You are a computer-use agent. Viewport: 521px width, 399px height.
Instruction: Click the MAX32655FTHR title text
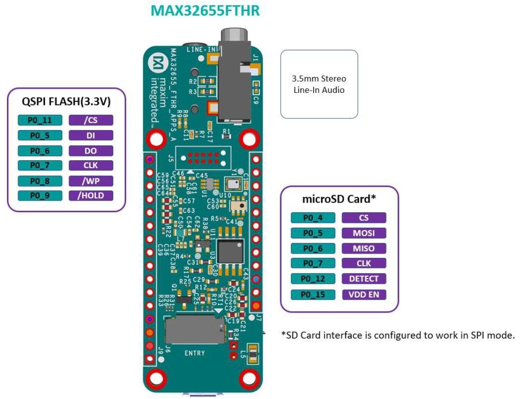pyautogui.click(x=205, y=11)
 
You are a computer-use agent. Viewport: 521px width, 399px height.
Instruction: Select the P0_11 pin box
pyautogui.click(x=40, y=120)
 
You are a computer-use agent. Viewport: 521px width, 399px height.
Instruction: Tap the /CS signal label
pyautogui.click(x=91, y=120)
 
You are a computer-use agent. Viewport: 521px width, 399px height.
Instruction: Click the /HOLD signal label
pyautogui.click(x=91, y=196)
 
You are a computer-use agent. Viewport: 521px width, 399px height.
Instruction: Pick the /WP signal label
pyautogui.click(x=91, y=181)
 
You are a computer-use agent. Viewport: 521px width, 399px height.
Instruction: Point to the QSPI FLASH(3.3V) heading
pyautogui.click(x=66, y=102)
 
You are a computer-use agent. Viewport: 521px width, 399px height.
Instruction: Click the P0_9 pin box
pyautogui.click(x=40, y=196)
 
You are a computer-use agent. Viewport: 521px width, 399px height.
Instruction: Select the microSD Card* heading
pyautogui.click(x=339, y=199)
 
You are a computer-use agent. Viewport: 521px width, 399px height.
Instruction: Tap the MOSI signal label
pyautogui.click(x=364, y=233)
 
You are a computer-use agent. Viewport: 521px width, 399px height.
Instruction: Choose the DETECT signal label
pyautogui.click(x=364, y=279)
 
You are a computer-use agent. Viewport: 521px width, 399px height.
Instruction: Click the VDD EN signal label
pyautogui.click(x=364, y=294)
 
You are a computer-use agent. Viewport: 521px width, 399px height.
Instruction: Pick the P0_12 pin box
pyautogui.click(x=313, y=279)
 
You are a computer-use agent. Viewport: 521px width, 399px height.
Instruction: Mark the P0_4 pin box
pyautogui.click(x=313, y=217)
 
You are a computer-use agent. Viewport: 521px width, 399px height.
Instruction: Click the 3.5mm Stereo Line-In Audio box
pyautogui.click(x=319, y=84)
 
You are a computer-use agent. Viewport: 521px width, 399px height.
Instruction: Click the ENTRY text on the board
pyautogui.click(x=194, y=353)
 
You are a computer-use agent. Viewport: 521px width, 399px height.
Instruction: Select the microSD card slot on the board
pyautogui.click(x=194, y=330)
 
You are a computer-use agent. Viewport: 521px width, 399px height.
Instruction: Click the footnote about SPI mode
pyautogui.click(x=398, y=335)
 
